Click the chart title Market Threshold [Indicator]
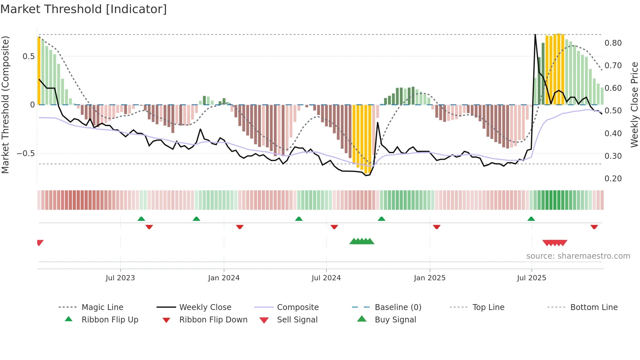(84, 9)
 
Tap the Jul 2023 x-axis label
(120, 278)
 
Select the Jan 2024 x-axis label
(224, 278)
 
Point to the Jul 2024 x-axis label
(326, 278)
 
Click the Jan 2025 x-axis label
(429, 278)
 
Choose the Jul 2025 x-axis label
(531, 278)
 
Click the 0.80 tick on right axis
(613, 43)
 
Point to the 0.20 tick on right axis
(613, 179)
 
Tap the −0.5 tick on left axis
(26, 154)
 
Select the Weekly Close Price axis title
(634, 105)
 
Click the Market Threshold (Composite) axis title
(5, 105)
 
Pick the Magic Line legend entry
(102, 307)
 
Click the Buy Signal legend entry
(395, 320)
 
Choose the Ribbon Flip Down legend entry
(213, 320)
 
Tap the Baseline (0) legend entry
(398, 307)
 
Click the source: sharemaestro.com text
(578, 256)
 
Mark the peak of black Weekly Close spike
(535, 35)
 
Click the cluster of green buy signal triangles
(362, 241)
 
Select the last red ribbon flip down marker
(594, 227)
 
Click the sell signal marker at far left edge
(40, 243)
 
